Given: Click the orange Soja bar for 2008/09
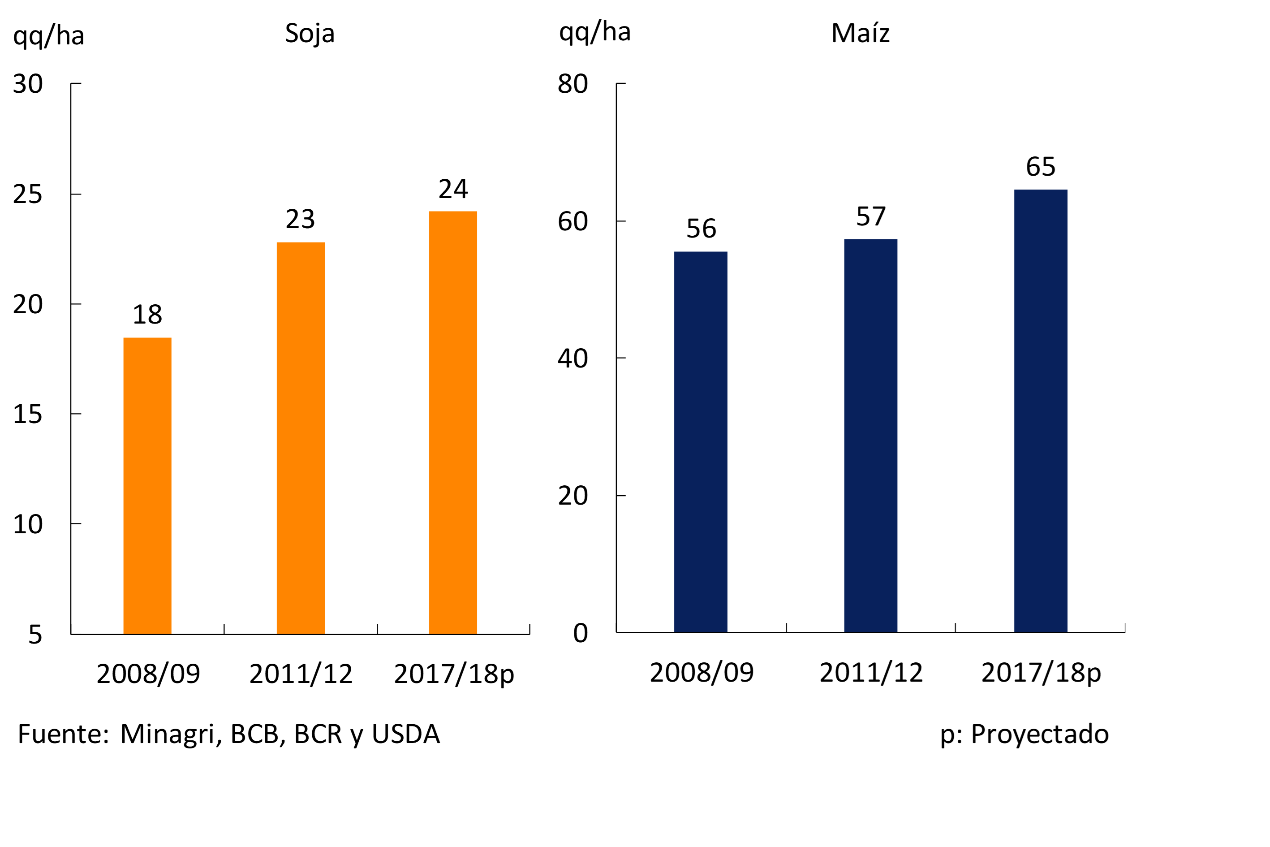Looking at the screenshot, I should point(147,486).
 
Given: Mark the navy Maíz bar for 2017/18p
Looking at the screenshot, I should point(1041,411).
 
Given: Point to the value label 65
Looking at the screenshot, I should point(1041,166).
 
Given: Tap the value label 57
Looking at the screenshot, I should point(870,216).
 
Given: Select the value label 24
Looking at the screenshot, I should point(453,189).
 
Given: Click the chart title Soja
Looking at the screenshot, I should point(310,34).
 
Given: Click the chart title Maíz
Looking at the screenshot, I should point(860,34).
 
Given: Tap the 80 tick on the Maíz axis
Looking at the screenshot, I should point(573,84).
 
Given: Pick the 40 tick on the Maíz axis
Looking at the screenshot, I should point(573,358).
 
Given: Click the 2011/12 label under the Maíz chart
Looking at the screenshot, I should point(870,673).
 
